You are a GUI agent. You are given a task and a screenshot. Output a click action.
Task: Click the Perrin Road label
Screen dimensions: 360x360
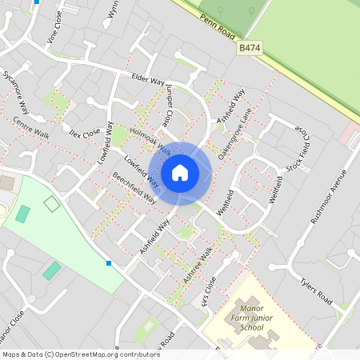coord(219,23)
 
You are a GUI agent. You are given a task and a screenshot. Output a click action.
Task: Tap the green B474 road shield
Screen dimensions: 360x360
coord(250,49)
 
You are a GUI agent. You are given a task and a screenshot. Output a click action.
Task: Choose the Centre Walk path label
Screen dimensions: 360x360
coord(31,128)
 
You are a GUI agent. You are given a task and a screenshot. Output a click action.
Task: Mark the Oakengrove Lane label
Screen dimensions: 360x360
coord(235,132)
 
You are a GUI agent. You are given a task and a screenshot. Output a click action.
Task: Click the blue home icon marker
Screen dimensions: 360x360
coord(180,173)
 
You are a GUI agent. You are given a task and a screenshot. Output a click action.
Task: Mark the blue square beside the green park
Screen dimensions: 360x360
coord(108,262)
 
